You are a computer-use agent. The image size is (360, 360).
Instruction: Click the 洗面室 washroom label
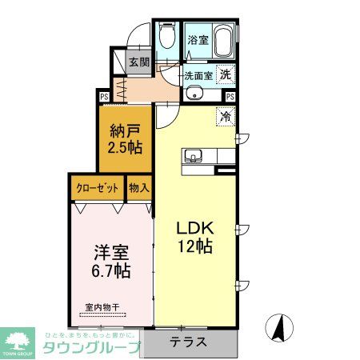198,75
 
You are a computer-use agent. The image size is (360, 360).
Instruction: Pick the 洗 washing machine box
226,74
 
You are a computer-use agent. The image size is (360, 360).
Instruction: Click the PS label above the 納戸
104,97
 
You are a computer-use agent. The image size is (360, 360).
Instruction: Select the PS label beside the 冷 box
230,97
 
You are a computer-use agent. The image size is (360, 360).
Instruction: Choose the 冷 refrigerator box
226,114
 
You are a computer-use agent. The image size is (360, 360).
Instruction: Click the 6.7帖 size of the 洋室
110,270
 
